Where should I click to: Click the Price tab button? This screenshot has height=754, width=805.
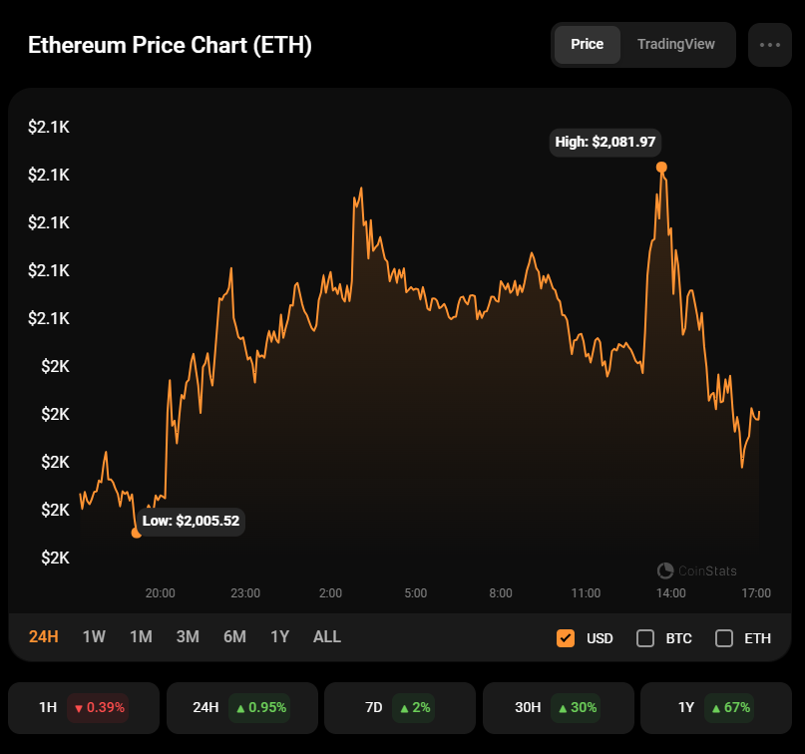(x=587, y=45)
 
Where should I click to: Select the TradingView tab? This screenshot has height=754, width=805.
(x=675, y=45)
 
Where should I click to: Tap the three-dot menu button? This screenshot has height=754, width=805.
(x=769, y=45)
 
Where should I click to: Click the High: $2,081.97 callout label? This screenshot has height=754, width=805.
(x=604, y=142)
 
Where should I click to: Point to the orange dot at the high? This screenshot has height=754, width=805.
(x=661, y=168)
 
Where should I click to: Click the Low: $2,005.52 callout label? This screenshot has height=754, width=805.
(x=191, y=521)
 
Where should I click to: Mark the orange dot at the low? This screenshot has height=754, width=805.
(x=137, y=533)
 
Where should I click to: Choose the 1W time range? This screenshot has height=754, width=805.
(x=94, y=636)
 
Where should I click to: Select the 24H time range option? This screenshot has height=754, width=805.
(x=44, y=636)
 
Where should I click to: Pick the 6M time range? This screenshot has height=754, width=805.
(x=234, y=636)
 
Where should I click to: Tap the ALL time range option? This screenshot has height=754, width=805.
(x=326, y=636)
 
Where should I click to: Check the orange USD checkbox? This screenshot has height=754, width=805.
(x=566, y=638)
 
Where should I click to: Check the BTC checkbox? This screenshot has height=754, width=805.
(x=645, y=638)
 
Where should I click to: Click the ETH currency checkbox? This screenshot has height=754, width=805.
(x=724, y=638)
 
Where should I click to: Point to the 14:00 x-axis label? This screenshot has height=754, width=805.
(x=670, y=593)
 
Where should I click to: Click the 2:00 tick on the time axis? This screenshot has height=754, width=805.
(x=330, y=593)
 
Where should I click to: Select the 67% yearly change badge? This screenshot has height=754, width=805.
(x=729, y=707)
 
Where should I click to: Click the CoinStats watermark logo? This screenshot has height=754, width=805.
(x=697, y=570)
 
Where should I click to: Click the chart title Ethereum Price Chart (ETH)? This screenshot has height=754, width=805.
(x=170, y=46)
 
